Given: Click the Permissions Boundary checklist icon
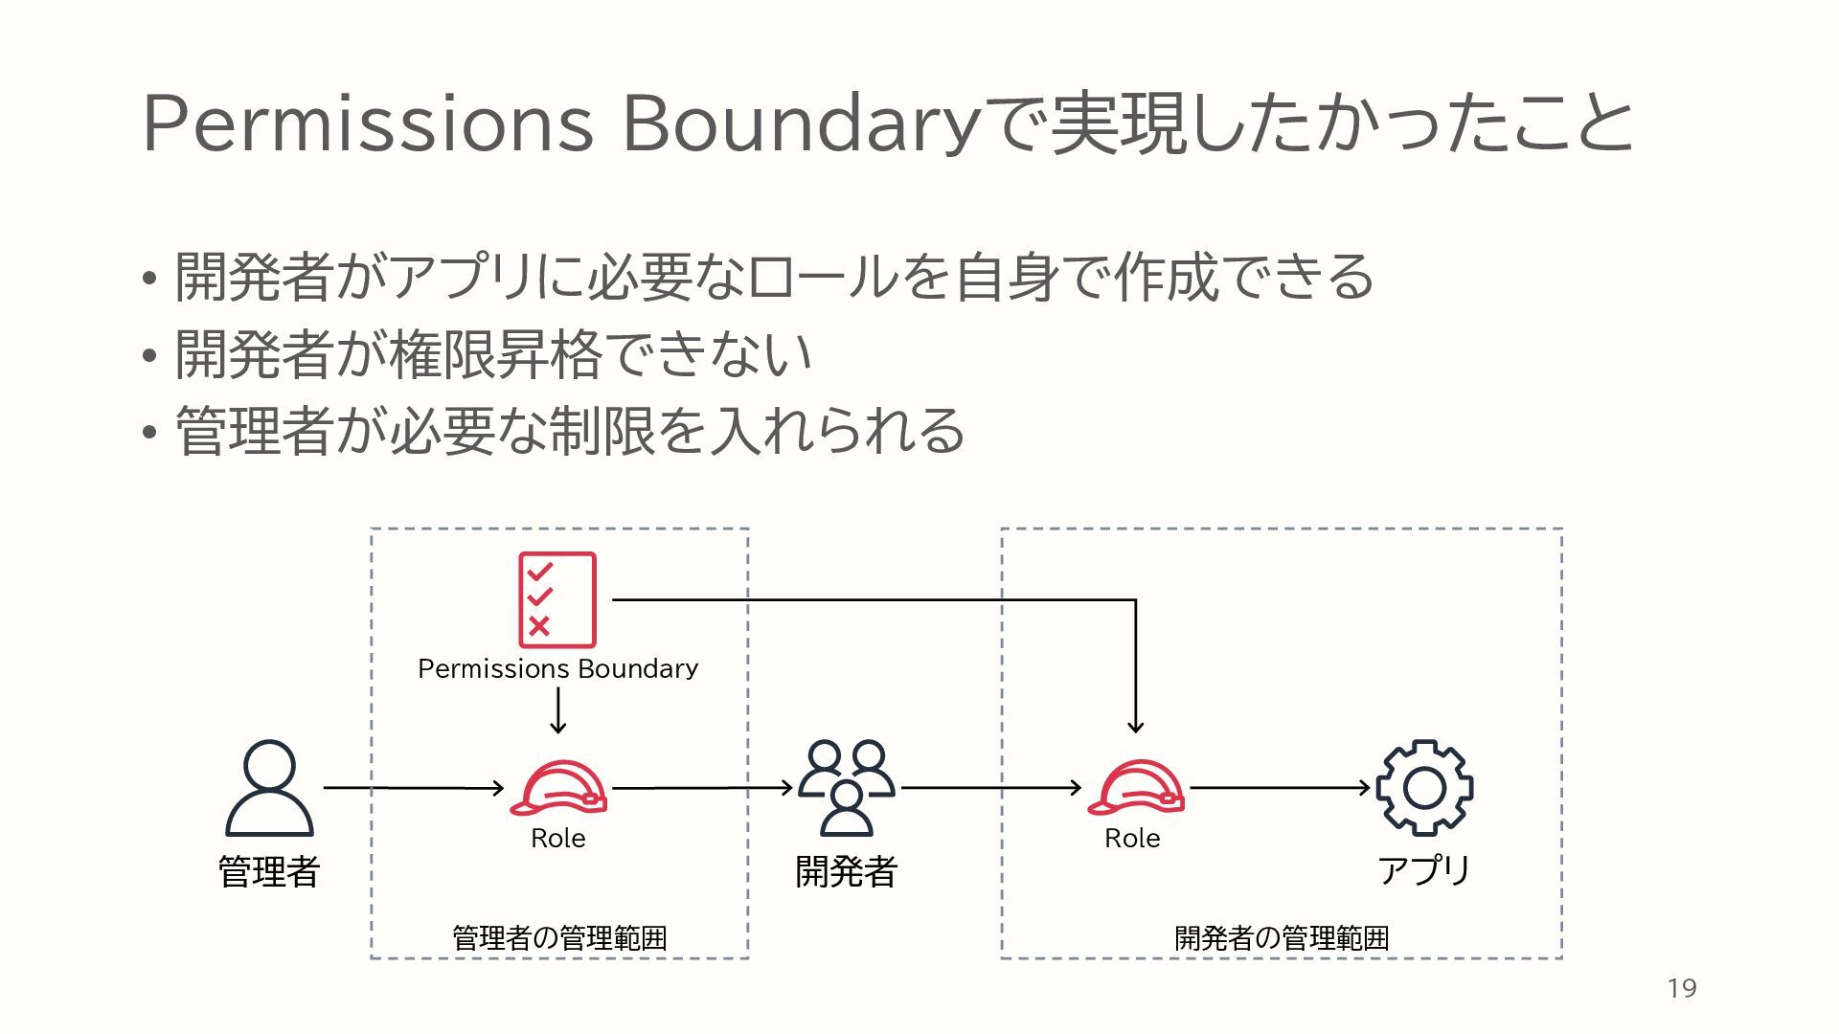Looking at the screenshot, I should click(x=556, y=599).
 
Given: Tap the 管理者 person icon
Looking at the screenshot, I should click(x=269, y=788).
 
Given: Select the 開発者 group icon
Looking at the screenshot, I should click(x=847, y=787).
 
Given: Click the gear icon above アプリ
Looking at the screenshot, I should click(x=1424, y=788).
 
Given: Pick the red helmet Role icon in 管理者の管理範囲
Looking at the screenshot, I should click(x=558, y=788).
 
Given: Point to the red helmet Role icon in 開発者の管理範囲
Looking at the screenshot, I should click(x=1136, y=788).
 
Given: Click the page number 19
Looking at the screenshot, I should click(x=1682, y=988).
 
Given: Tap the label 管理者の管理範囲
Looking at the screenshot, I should click(x=559, y=937).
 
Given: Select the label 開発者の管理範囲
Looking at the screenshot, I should click(x=1282, y=937).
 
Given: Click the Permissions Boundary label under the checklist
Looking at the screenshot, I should click(x=557, y=668).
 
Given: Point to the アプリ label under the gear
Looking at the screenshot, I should click(x=1424, y=870).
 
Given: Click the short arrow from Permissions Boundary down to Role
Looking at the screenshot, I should click(x=558, y=711).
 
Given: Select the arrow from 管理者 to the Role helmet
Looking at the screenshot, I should click(x=413, y=788).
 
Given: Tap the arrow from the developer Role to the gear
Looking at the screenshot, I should click(x=1280, y=788).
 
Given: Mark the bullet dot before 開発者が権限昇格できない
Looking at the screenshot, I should click(x=148, y=356).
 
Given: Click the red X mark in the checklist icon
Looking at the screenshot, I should click(x=539, y=626).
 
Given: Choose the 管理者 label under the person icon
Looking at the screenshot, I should click(x=269, y=871).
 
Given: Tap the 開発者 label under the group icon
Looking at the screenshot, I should click(x=847, y=871).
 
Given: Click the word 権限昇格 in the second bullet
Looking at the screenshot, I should click(x=495, y=354).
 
